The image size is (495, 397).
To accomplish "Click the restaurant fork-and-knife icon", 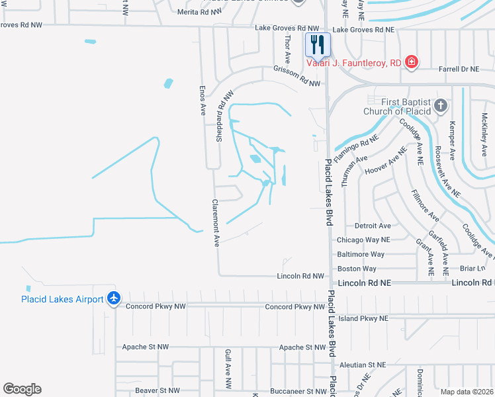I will pyautogui.click(x=318, y=44).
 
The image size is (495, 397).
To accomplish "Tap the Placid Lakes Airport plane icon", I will pyautogui.click(x=114, y=298).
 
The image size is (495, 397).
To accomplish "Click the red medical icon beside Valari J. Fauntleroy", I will pyautogui.click(x=412, y=62).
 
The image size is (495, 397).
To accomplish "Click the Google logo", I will pyautogui.click(x=22, y=389).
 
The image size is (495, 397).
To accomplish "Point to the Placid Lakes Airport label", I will pyautogui.click(x=62, y=299).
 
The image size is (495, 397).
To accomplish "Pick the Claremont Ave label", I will pyautogui.click(x=215, y=223).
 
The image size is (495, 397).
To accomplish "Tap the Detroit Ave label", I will pyautogui.click(x=373, y=226).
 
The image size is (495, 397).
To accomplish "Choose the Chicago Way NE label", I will pyautogui.click(x=363, y=240).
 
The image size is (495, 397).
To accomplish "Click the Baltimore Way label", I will pyautogui.click(x=361, y=254).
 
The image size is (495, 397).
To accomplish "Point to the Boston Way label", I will pyautogui.click(x=357, y=269).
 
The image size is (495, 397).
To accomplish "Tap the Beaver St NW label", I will pyautogui.click(x=157, y=390).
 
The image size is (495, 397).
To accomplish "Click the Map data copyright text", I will pyautogui.click(x=466, y=392).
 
